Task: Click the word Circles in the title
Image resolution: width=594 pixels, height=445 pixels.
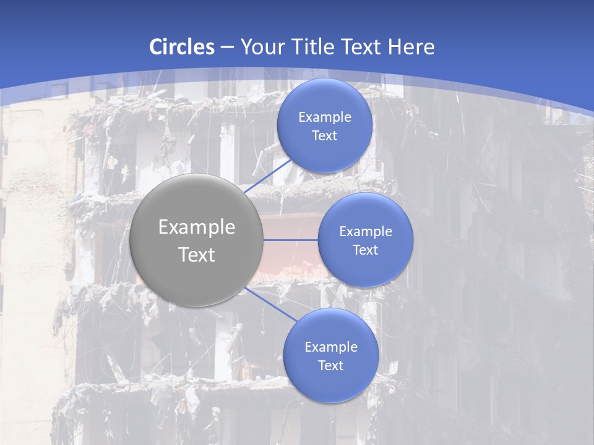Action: (181, 47)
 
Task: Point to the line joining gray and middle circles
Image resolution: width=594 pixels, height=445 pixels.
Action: (290, 240)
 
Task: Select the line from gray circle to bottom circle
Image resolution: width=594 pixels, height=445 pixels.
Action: (270, 305)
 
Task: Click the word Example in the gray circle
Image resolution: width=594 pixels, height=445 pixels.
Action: (197, 227)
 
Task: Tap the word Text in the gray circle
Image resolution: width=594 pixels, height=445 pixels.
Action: (197, 255)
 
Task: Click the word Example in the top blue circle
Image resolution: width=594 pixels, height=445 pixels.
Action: (325, 117)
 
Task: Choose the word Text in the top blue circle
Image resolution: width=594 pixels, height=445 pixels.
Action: (325, 136)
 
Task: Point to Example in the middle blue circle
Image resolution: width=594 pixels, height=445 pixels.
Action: (366, 232)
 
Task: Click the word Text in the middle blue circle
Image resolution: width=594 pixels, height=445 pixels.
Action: (366, 250)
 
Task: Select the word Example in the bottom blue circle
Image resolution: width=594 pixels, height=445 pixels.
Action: (331, 347)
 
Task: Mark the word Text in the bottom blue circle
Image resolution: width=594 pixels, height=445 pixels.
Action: (331, 366)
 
